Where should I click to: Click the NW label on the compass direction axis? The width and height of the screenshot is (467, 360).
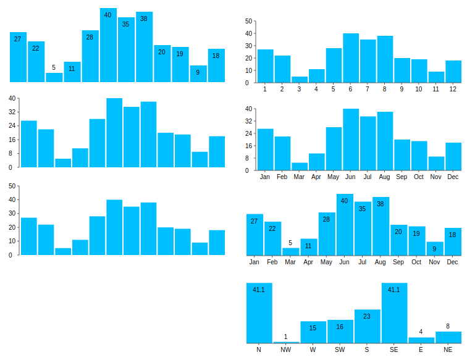pyautogui.click(x=285, y=350)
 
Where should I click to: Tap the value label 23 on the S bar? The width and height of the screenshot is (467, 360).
pyautogui.click(x=367, y=316)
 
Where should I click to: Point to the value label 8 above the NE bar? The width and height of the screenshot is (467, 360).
pyautogui.click(x=448, y=326)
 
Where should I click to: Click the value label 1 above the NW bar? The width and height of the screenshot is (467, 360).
pyautogui.click(x=285, y=337)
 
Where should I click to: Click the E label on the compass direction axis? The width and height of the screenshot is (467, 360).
pyautogui.click(x=421, y=350)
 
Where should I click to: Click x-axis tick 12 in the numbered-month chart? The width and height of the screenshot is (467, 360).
pyautogui.click(x=453, y=90)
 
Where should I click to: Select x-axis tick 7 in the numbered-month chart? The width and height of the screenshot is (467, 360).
pyautogui.click(x=368, y=90)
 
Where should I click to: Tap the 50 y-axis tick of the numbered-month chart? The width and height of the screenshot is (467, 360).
pyautogui.click(x=248, y=21)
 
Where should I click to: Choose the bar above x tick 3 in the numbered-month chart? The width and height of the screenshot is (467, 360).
pyautogui.click(x=300, y=80)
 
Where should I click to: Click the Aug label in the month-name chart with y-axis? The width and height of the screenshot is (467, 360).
pyautogui.click(x=385, y=177)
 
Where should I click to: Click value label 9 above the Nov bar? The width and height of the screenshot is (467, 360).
pyautogui.click(x=435, y=249)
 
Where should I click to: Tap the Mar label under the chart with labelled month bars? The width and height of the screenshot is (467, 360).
pyautogui.click(x=290, y=262)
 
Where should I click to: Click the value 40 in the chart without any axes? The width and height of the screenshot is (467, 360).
pyautogui.click(x=108, y=15)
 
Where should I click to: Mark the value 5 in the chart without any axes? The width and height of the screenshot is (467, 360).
pyautogui.click(x=54, y=68)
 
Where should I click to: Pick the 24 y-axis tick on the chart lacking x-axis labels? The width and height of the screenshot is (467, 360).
pyautogui.click(x=11, y=126)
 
